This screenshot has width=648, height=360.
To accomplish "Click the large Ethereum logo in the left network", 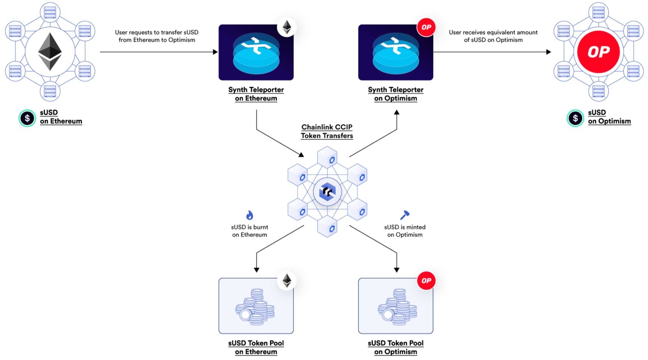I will click(x=50, y=52).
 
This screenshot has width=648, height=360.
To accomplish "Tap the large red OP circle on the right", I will click(x=598, y=52).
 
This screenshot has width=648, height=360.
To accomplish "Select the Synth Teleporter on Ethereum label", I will click(x=256, y=94).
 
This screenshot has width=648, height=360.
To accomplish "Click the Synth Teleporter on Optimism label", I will click(x=396, y=94).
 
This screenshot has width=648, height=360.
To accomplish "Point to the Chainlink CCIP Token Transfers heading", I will click(x=327, y=131).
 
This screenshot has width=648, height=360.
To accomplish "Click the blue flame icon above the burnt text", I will click(x=249, y=215).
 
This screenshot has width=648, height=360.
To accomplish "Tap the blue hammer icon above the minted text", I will click(x=405, y=215).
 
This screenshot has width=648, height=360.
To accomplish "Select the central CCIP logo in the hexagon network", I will click(x=327, y=192).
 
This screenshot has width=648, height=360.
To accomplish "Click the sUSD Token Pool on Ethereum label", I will click(x=256, y=347).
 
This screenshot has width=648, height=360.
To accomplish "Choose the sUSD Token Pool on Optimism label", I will click(x=396, y=347).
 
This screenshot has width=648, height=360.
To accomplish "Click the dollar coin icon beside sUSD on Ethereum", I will click(x=27, y=118).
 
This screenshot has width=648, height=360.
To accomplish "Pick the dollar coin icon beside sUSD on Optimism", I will click(x=575, y=118).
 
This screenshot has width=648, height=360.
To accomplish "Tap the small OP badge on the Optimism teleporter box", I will click(x=426, y=27).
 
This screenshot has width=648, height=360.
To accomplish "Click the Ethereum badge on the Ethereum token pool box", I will click(x=287, y=280).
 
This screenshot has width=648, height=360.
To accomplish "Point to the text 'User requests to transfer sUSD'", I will click(x=156, y=32).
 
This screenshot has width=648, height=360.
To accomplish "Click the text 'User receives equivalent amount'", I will click(x=493, y=32).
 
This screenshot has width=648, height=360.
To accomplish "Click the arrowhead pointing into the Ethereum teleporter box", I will click(x=215, y=52).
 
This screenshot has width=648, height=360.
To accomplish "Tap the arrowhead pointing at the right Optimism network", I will click(x=549, y=52).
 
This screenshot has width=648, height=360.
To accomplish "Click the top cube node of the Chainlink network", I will click(x=327, y=157).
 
